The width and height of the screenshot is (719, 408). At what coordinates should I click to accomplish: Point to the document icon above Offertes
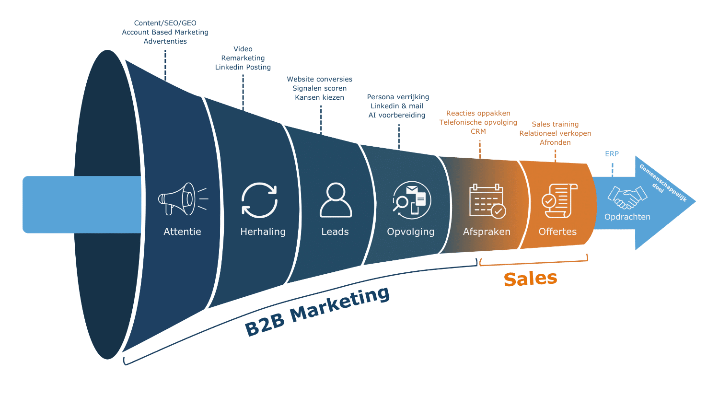[559, 201]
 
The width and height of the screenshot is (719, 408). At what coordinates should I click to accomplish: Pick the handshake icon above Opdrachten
[627, 198]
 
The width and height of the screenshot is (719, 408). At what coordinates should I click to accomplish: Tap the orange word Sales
[530, 279]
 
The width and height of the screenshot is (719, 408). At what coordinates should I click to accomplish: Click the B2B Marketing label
[317, 311]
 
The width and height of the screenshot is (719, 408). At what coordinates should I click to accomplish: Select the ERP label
[612, 154]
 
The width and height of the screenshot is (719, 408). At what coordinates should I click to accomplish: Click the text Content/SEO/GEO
[165, 23]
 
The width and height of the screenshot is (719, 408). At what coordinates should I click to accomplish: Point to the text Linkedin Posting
[243, 67]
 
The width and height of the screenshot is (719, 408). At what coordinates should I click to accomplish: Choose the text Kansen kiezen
[319, 97]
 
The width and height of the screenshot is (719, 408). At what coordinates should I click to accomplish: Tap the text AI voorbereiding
[397, 115]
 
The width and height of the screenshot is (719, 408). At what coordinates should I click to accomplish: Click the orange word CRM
[478, 131]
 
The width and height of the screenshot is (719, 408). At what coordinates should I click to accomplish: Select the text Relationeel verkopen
[555, 133]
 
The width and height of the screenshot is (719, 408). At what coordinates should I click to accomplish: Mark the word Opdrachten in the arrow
[627, 217]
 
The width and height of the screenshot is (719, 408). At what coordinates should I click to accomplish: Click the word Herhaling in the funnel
[263, 232]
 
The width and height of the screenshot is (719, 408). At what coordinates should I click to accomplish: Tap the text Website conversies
[319, 79]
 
